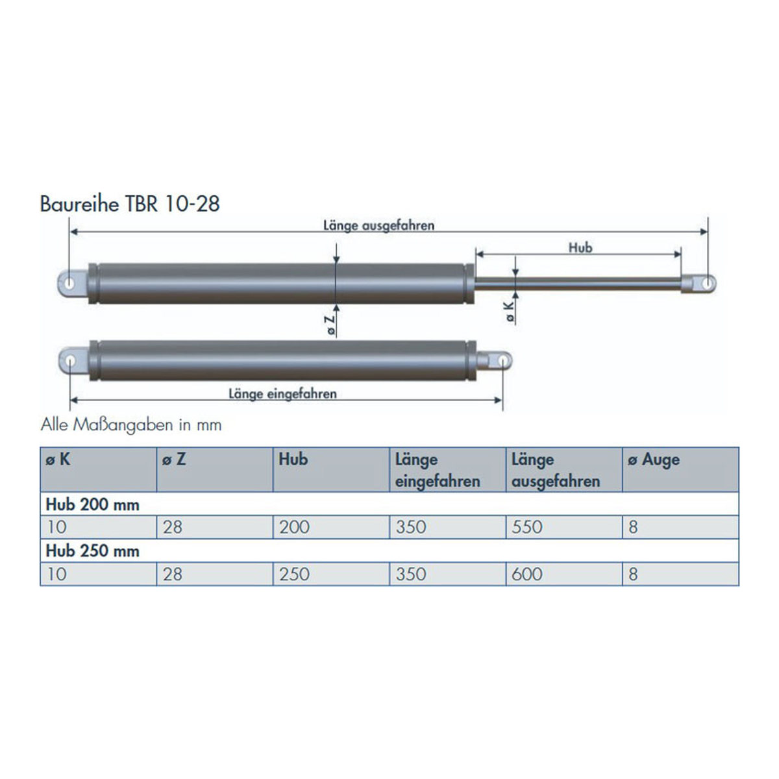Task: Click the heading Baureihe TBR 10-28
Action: click(x=130, y=204)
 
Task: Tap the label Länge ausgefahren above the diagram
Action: click(x=378, y=225)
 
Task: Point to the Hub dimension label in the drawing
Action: click(x=580, y=247)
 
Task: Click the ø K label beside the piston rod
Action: click(x=511, y=312)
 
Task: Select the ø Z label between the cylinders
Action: click(x=330, y=325)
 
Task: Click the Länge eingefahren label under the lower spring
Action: click(x=282, y=394)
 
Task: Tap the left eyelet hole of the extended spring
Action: click(x=69, y=284)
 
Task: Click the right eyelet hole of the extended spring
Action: click(x=707, y=284)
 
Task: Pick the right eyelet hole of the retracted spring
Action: click(x=502, y=360)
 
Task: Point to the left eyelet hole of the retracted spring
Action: click(x=70, y=360)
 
